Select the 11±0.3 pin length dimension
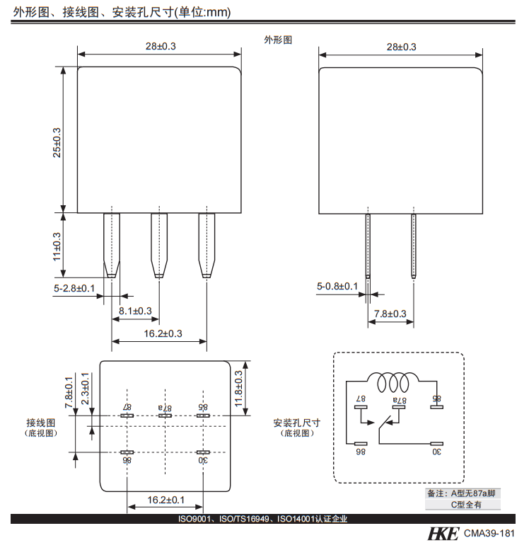click(57, 244)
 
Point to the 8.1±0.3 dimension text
click(135, 311)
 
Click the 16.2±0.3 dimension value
click(159, 333)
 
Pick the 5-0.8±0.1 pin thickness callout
click(337, 286)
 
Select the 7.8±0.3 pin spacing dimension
click(390, 314)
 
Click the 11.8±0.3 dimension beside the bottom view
click(238, 388)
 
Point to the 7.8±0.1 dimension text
click(69, 392)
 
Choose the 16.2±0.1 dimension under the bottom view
click(165, 500)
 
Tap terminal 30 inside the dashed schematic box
click(436, 449)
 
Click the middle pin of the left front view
click(159, 244)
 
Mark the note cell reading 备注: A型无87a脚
click(463, 493)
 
